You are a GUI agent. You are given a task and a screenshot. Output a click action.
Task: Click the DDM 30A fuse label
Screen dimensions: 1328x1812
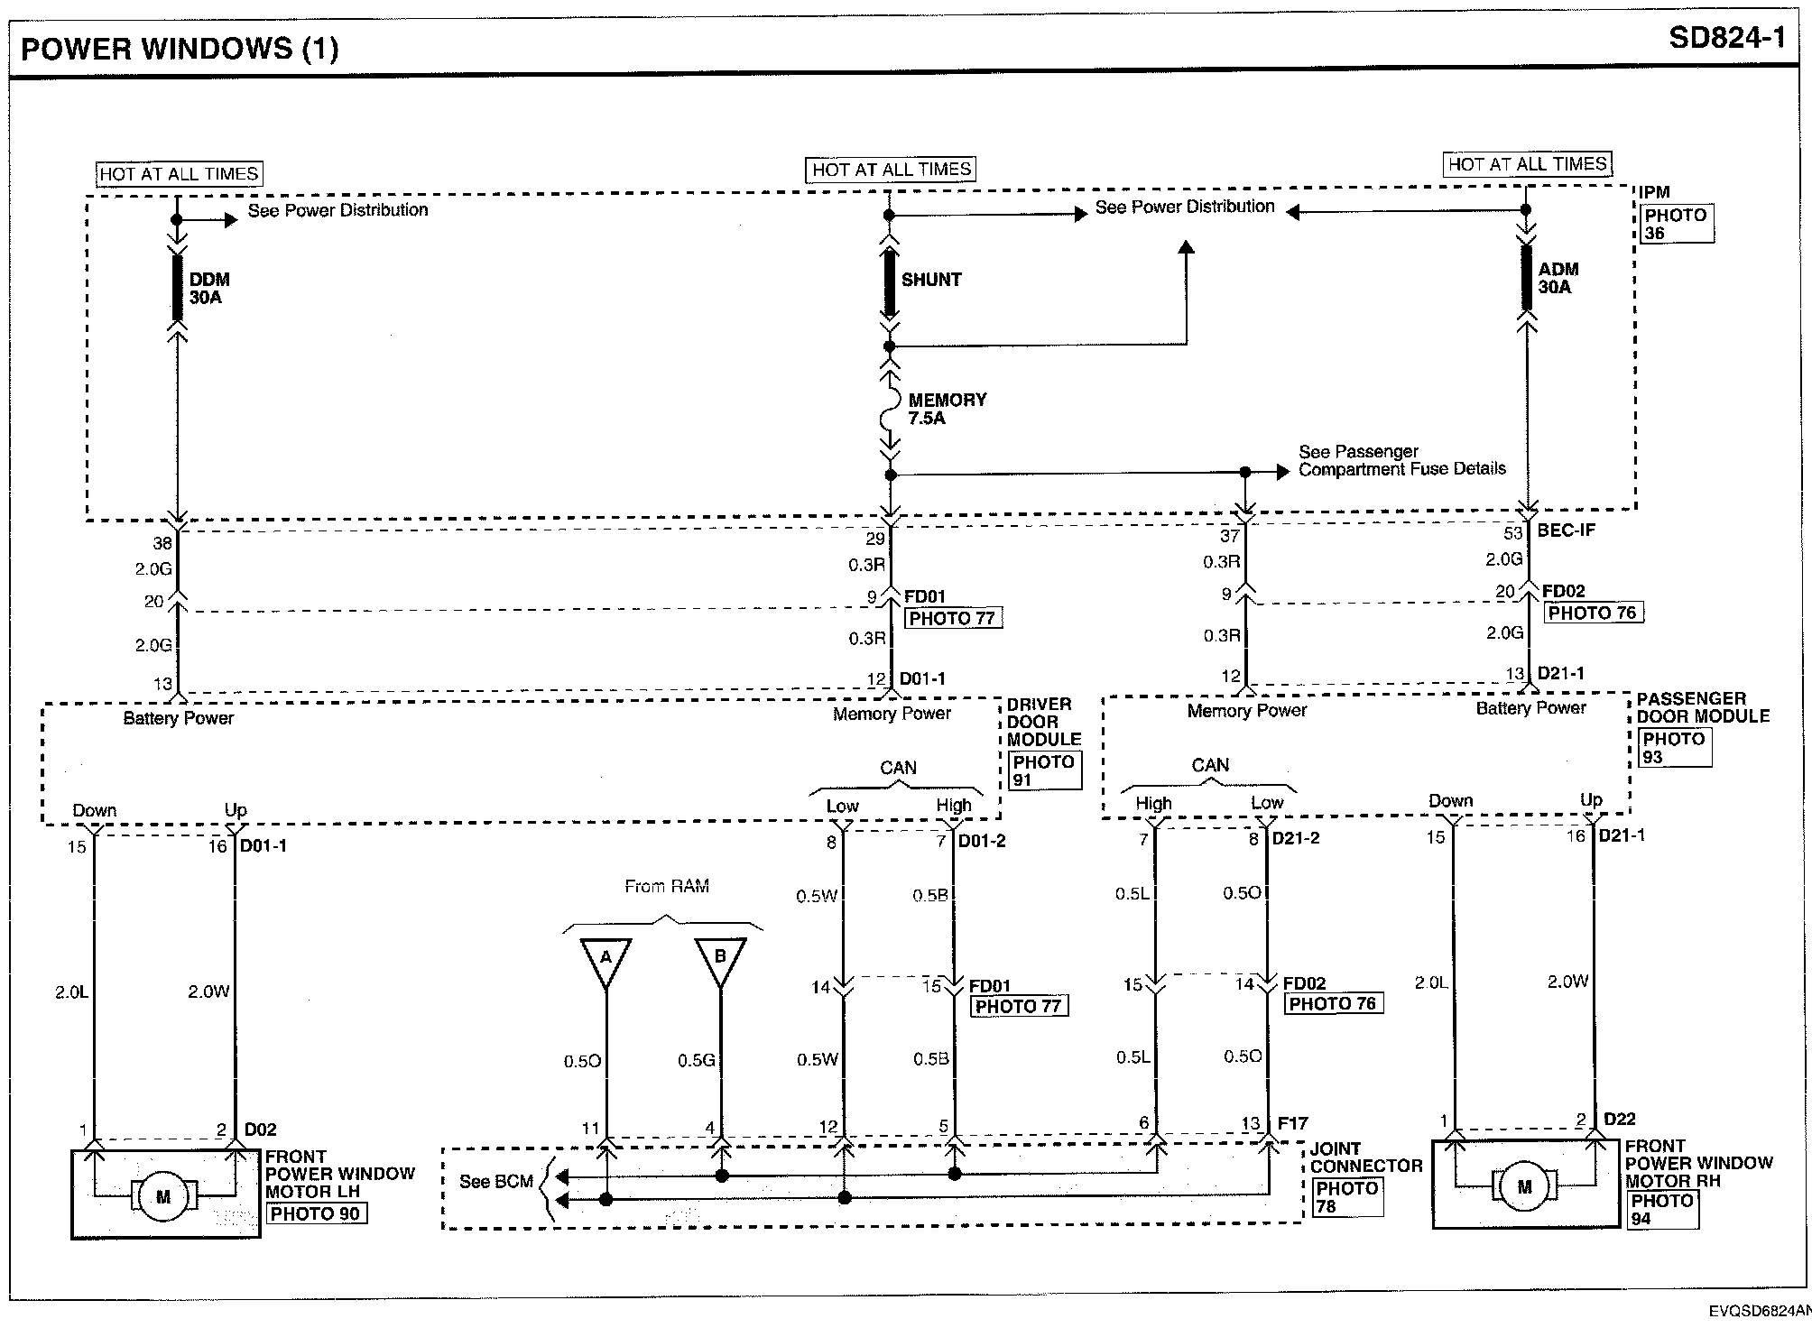point(208,289)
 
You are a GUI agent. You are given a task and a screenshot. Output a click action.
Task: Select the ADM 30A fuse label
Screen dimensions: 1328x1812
point(1558,278)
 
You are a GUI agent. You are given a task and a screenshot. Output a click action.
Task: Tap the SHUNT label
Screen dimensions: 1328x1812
point(930,280)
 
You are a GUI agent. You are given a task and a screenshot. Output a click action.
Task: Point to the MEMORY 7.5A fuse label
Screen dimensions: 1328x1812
point(947,409)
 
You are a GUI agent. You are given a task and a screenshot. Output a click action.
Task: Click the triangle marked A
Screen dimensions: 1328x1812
point(606,960)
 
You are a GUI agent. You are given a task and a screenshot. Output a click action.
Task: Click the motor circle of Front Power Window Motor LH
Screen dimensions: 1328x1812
point(163,1197)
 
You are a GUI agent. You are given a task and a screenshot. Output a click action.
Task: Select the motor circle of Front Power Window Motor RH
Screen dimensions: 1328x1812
point(1524,1187)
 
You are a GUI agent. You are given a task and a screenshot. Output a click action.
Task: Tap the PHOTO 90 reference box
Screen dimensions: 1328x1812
point(315,1213)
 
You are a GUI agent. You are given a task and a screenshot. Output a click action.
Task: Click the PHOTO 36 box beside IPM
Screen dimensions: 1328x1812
point(1676,224)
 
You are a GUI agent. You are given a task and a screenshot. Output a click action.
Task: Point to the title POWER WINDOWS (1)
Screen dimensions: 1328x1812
point(180,47)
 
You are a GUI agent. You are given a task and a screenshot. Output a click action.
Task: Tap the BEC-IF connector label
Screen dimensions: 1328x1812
point(1566,530)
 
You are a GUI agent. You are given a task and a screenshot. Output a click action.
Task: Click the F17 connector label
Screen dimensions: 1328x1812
point(1292,1123)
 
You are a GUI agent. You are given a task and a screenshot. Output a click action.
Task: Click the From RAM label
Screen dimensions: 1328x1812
point(667,887)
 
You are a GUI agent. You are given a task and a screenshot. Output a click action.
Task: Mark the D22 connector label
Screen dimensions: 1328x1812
point(1619,1120)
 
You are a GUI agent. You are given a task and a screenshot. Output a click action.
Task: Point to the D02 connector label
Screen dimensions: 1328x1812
point(260,1130)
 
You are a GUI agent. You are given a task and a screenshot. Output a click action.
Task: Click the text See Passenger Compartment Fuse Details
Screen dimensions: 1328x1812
point(1401,460)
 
